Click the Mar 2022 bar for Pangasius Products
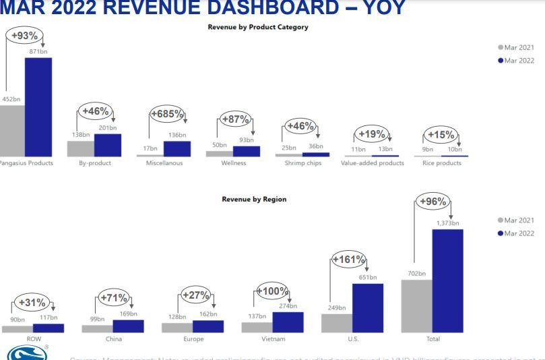(x=38, y=107)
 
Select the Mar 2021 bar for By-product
(x=80, y=148)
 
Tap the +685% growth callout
(x=167, y=114)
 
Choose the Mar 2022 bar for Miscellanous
(x=177, y=149)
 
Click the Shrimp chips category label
(x=302, y=162)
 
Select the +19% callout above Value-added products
(x=371, y=133)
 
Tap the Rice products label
(x=441, y=162)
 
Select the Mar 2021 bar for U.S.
(x=336, y=323)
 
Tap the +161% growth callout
(x=349, y=260)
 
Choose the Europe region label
(x=193, y=338)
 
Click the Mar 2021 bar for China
(x=97, y=328)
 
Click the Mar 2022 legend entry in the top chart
(x=517, y=60)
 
